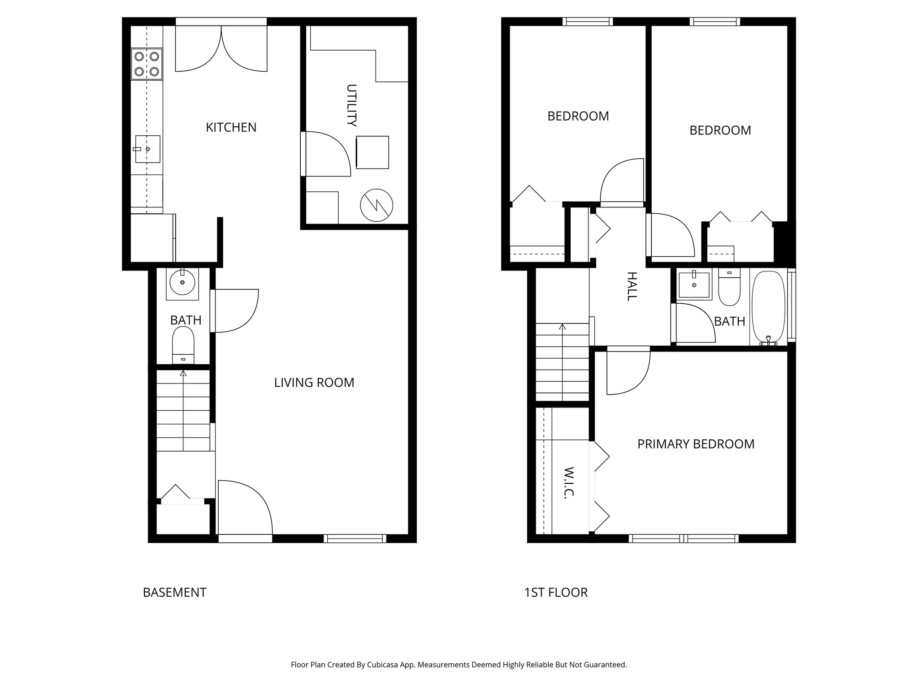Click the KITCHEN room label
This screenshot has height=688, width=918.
tap(231, 128)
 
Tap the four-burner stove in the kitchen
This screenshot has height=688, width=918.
tap(147, 64)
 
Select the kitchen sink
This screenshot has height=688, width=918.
tap(147, 149)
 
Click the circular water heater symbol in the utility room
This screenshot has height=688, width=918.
tap(377, 206)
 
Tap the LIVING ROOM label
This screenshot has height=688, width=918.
tap(314, 383)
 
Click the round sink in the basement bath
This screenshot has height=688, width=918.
tap(182, 283)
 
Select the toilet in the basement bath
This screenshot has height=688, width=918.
tap(183, 344)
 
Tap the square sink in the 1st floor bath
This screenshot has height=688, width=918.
tap(694, 285)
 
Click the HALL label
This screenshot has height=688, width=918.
tap(631, 286)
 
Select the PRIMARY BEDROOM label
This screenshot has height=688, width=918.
tap(696, 444)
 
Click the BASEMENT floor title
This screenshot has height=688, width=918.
tap(174, 592)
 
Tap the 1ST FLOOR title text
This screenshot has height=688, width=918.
tap(556, 592)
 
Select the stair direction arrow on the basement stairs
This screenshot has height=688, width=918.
tap(183, 373)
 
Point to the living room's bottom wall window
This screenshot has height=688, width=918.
tap(355, 538)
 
